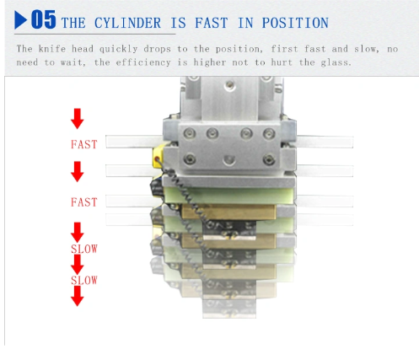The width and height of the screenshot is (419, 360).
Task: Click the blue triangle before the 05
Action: pos(20,20)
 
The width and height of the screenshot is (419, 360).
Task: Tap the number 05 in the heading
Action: pos(44,19)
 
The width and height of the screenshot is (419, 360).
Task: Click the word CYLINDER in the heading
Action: pos(127,23)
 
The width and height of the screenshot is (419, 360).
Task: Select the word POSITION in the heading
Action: pos(295,23)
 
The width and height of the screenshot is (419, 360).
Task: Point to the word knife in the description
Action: pos(52,49)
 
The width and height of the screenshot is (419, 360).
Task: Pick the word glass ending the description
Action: pos(336,62)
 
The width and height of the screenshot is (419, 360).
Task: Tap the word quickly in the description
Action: pos(118,49)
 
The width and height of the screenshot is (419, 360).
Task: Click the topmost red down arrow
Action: pos(78,119)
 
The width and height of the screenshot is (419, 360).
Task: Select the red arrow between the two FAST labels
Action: pos(78,172)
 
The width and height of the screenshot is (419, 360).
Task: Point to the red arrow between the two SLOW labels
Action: pos(78,264)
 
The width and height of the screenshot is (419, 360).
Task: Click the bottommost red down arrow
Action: pos(78,296)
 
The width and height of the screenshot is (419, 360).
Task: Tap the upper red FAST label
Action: pos(84,144)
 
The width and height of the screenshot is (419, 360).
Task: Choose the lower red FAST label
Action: pos(84,202)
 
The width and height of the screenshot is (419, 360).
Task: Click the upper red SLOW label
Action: pos(84,249)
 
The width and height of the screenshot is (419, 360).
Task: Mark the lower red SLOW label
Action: pos(84,281)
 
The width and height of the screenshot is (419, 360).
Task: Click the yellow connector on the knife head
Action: pos(158,156)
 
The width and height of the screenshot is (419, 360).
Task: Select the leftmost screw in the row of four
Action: pos(190,133)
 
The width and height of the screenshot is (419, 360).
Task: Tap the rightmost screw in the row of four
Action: pos(269,133)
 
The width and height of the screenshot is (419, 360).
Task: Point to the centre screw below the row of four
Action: pos(229,160)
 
